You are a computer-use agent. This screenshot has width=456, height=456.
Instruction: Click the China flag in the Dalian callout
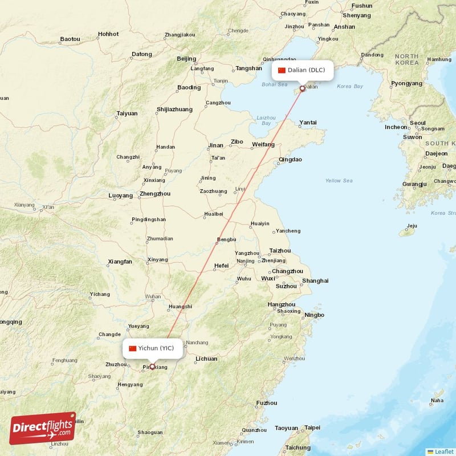282,70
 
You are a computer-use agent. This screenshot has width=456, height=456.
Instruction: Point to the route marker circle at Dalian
303,89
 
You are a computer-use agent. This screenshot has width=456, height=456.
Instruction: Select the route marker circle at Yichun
152,367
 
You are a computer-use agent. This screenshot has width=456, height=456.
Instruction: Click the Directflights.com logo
42,427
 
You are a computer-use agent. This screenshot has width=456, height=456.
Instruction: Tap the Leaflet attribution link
443,451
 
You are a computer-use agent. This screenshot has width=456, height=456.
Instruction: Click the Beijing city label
186,59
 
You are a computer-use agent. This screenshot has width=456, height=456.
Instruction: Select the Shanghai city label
315,280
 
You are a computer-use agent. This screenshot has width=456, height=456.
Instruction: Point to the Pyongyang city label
406,83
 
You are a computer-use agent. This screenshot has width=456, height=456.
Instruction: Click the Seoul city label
418,123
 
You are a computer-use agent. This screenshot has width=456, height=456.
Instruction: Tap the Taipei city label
313,427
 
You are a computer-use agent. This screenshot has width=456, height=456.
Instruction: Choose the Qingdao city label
290,160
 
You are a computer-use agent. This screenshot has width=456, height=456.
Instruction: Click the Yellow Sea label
339,181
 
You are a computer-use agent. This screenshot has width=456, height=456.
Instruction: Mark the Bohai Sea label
275,84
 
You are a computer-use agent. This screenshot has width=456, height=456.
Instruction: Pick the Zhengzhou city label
155,194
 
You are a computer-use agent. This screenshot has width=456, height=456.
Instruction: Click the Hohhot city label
108,34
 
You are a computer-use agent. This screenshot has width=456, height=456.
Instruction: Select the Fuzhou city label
267,403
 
